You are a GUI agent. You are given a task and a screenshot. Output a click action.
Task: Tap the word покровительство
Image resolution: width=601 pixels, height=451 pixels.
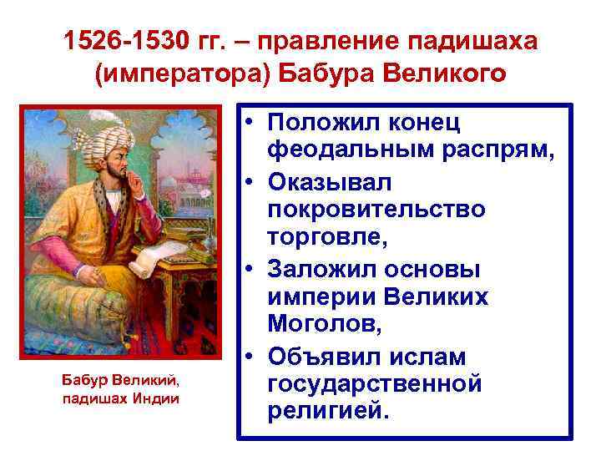point(376,209)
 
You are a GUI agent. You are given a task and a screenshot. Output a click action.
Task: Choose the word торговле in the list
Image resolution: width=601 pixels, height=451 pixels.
point(326,238)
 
